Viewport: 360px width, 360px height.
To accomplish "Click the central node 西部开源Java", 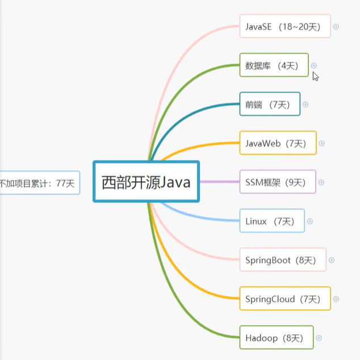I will [x=146, y=182].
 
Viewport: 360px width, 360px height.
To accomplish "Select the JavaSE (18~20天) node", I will [x=284, y=26].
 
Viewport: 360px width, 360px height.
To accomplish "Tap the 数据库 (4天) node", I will [x=274, y=65].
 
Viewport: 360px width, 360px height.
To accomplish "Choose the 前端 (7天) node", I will [x=270, y=104].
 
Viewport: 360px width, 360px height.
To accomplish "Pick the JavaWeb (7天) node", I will [x=278, y=143].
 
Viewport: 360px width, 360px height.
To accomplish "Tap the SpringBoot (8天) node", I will [x=283, y=260].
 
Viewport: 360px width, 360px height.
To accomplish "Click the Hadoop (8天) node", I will [x=276, y=338].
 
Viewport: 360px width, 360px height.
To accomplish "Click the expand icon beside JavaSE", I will [x=336, y=27].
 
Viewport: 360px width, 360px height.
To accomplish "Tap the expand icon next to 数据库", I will [x=314, y=65].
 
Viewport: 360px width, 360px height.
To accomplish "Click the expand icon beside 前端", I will [x=305, y=104].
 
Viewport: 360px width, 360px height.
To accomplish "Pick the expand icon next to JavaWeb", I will [x=321, y=143].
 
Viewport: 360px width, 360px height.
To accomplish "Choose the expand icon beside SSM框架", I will [x=321, y=182].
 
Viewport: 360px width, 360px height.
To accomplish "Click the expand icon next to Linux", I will [x=310, y=221].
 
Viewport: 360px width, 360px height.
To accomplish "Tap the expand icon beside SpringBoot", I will [x=332, y=260].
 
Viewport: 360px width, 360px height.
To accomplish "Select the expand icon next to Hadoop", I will [x=319, y=338].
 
